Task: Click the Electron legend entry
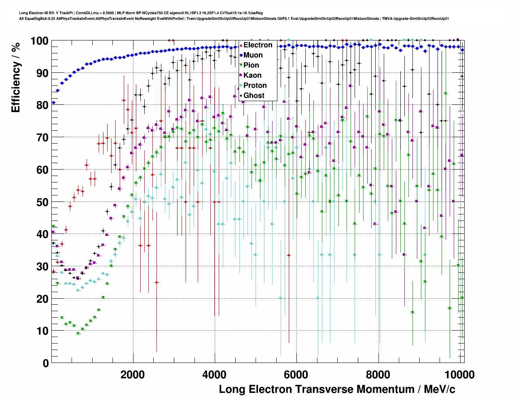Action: [x=258, y=45]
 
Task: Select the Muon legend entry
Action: [x=253, y=55]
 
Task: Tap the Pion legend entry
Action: [x=251, y=65]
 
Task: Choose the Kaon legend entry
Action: [x=252, y=75]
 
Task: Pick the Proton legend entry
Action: [x=255, y=85]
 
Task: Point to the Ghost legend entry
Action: [x=254, y=95]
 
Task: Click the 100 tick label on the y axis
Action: [x=39, y=41]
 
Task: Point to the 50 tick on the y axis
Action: [x=42, y=202]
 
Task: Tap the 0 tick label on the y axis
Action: [x=45, y=363]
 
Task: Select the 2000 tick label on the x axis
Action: [x=133, y=375]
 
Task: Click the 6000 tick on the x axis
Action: [x=297, y=375]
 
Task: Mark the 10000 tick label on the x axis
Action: [x=460, y=375]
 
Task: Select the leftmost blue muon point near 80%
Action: [x=53, y=103]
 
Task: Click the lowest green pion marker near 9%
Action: [x=78, y=333]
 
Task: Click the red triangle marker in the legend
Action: [x=241, y=45]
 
